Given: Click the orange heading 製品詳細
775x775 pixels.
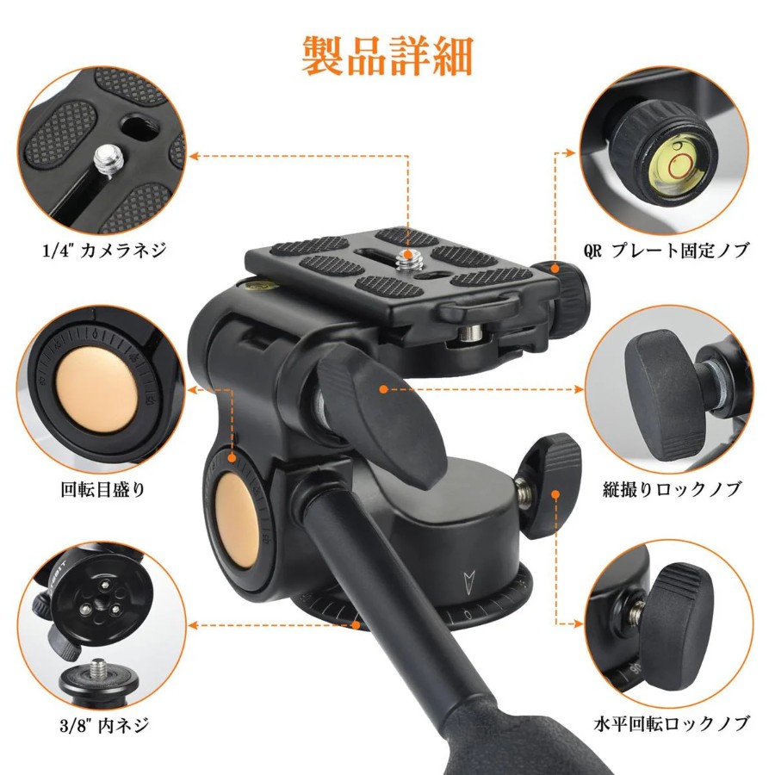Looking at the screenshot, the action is (x=387, y=56).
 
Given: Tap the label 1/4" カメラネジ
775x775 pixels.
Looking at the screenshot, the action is (x=105, y=251).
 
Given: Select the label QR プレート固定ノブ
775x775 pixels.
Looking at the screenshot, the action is (x=666, y=250).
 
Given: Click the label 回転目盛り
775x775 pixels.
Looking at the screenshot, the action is (x=103, y=489).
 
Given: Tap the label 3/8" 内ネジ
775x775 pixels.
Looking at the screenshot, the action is (x=104, y=726).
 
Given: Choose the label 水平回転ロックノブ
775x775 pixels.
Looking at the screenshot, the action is (x=672, y=724).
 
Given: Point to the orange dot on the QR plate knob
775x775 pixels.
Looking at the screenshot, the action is (x=555, y=269).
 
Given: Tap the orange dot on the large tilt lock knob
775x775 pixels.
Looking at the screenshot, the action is (x=383, y=389).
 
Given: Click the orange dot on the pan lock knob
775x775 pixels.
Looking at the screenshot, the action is (x=556, y=493).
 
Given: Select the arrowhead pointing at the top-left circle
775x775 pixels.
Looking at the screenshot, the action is (x=194, y=156).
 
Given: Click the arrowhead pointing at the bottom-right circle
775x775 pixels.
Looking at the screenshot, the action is (x=579, y=623).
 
